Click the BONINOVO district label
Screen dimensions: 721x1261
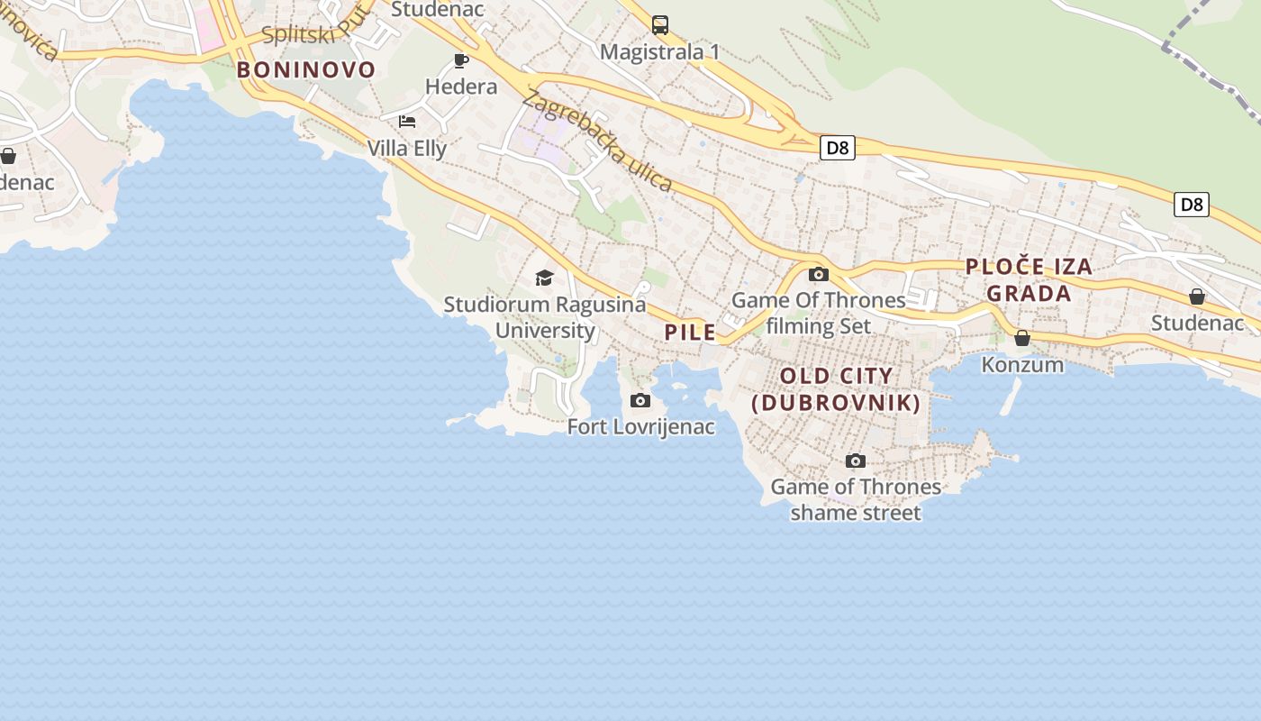pyautogui.click(x=306, y=70)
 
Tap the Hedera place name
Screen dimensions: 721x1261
pyautogui.click(x=461, y=87)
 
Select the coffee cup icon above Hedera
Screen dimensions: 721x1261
pyautogui.click(x=461, y=60)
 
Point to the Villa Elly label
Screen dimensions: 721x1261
pyautogui.click(x=407, y=148)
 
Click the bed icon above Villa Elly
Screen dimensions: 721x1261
pyautogui.click(x=407, y=122)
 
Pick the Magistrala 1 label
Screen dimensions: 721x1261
pyautogui.click(x=660, y=51)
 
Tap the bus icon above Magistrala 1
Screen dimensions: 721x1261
pyautogui.click(x=660, y=25)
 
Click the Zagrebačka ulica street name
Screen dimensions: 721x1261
pyautogui.click(x=597, y=141)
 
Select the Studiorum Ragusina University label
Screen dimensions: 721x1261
pyautogui.click(x=545, y=317)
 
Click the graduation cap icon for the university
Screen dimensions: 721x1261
pyautogui.click(x=544, y=278)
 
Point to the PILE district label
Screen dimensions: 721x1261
pyautogui.click(x=690, y=332)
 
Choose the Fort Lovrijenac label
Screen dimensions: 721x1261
pyautogui.click(x=641, y=426)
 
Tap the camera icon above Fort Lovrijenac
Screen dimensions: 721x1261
pyautogui.click(x=640, y=400)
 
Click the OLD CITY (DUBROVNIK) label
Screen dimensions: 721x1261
pyautogui.click(x=837, y=389)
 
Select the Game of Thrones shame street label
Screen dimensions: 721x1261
pyautogui.click(x=856, y=499)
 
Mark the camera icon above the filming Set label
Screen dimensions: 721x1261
pyautogui.click(x=819, y=274)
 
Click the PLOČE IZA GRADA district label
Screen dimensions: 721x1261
pyautogui.click(x=1029, y=279)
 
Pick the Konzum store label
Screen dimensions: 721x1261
pyautogui.click(x=1022, y=364)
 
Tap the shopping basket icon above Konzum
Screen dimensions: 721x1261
pyautogui.click(x=1022, y=338)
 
